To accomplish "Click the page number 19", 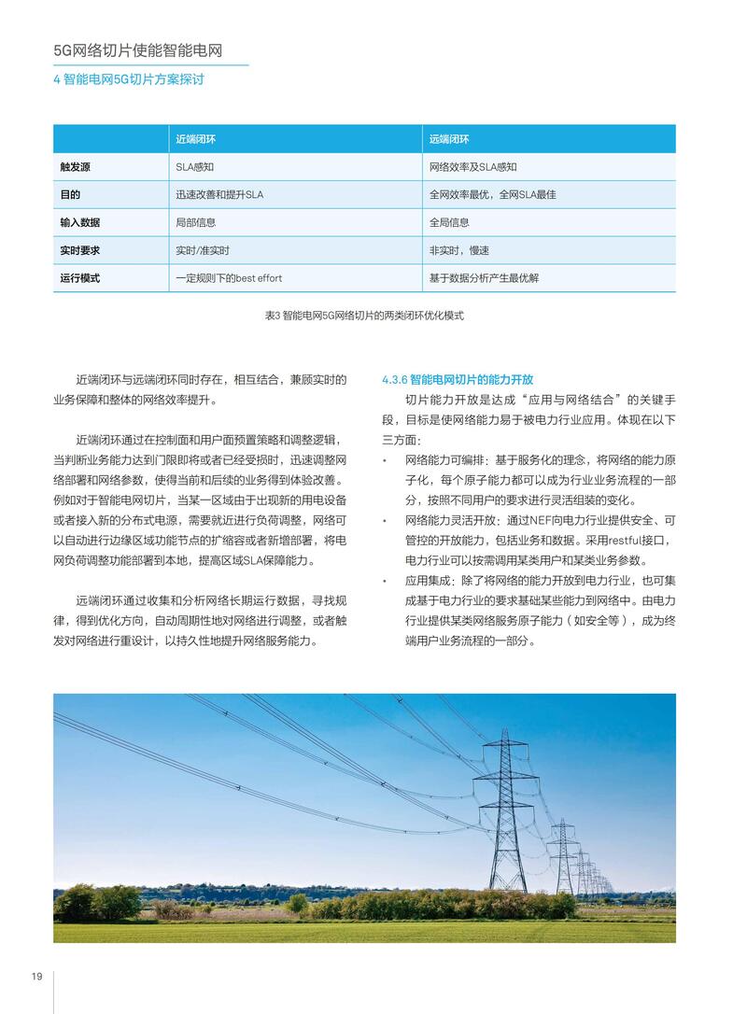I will click(x=36, y=976).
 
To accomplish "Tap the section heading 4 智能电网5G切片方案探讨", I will click(x=128, y=79).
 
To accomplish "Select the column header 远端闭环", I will click(x=449, y=139).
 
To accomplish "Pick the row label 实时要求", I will click(x=79, y=250).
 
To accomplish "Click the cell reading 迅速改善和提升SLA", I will click(x=219, y=195).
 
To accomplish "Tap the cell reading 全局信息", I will click(x=449, y=222).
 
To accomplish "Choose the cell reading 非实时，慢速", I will click(x=459, y=250).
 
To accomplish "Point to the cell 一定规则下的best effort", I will click(x=229, y=278).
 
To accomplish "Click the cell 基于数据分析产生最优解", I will click(x=484, y=278).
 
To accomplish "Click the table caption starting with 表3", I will click(x=364, y=316).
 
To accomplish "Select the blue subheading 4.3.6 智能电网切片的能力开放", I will click(x=458, y=379).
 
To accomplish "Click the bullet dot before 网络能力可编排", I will click(x=385, y=461).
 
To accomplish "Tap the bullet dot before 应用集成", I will click(x=385, y=581).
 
